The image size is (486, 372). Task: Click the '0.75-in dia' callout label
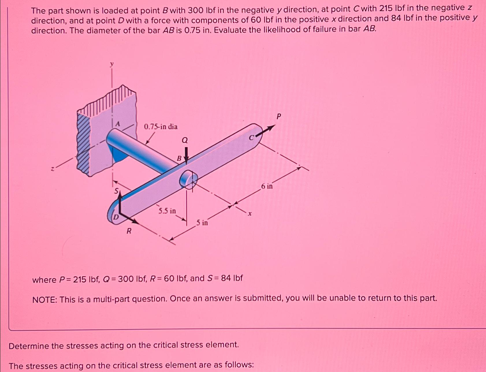tap(161, 127)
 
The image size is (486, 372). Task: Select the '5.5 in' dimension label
tap(167, 211)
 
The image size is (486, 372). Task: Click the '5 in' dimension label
tap(202, 223)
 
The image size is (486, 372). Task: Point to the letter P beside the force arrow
tap(278, 116)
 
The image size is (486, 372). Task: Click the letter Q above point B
tap(185, 140)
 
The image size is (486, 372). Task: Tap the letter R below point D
tap(129, 231)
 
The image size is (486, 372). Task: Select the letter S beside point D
tap(116, 191)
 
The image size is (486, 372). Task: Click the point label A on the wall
tap(117, 124)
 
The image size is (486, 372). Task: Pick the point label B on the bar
tap(179, 158)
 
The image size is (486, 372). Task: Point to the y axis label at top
tap(112, 64)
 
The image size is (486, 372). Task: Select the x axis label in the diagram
tap(250, 214)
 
